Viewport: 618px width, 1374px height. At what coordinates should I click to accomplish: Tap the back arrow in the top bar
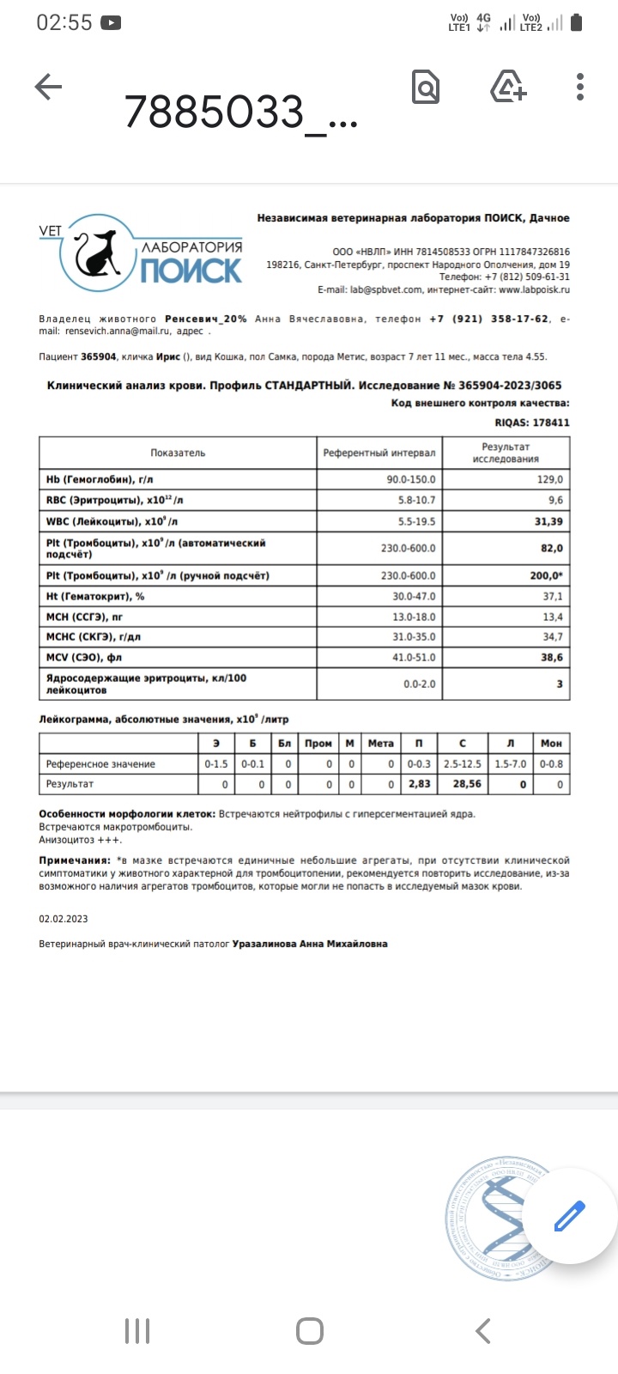(48, 87)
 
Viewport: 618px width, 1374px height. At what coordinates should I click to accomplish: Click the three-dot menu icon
(581, 87)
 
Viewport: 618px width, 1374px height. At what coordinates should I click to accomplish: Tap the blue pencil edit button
(569, 1216)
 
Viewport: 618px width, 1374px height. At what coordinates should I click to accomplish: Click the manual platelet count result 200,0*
(547, 575)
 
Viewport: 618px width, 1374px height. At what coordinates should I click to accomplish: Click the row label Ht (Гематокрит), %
(95, 596)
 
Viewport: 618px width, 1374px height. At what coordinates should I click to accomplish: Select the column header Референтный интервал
(379, 453)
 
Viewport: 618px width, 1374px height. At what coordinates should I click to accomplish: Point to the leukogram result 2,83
(420, 784)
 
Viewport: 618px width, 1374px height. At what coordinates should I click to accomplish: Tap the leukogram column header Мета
(380, 743)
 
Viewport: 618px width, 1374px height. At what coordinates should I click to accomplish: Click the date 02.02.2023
(64, 919)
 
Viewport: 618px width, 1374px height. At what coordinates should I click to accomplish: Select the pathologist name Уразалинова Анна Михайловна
(310, 944)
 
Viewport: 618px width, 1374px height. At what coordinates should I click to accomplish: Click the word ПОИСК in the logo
(191, 271)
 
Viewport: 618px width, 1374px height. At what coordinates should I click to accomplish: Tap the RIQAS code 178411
(549, 423)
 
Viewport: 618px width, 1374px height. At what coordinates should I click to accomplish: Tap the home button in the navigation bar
(309, 1331)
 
